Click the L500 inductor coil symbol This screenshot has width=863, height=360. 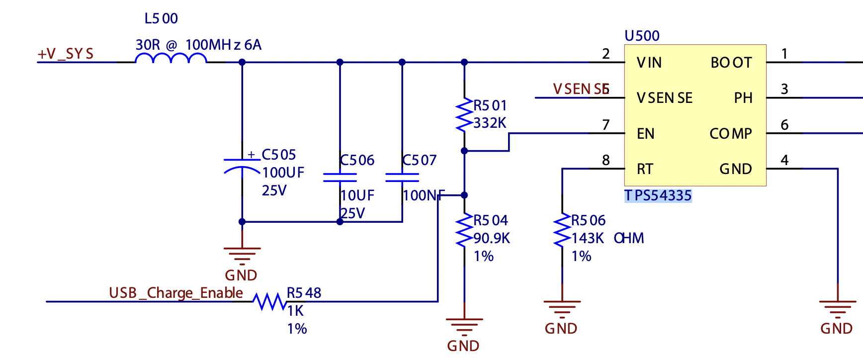click(x=171, y=58)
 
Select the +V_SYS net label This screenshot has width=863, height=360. click(x=66, y=54)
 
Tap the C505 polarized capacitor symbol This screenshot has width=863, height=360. click(x=242, y=166)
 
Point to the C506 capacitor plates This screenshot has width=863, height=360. click(x=340, y=178)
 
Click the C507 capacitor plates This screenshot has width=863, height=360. click(x=402, y=178)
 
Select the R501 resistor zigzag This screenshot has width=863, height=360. click(x=464, y=115)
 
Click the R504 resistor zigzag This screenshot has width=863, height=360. click(x=464, y=230)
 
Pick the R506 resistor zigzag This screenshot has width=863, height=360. click(x=562, y=230)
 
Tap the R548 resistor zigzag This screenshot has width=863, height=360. click(x=269, y=301)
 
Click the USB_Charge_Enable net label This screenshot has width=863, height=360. click(x=176, y=293)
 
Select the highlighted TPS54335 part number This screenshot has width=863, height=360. click(x=658, y=195)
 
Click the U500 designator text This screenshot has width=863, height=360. click(x=642, y=36)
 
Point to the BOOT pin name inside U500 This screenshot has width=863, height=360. click(x=731, y=63)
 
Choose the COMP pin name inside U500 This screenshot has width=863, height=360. click(x=730, y=134)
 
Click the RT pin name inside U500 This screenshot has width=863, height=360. click(x=645, y=170)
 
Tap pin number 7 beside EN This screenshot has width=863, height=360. click(x=605, y=125)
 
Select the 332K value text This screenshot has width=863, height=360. click(x=490, y=123)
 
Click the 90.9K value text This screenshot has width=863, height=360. click(x=492, y=238)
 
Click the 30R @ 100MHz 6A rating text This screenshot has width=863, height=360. click(x=198, y=45)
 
